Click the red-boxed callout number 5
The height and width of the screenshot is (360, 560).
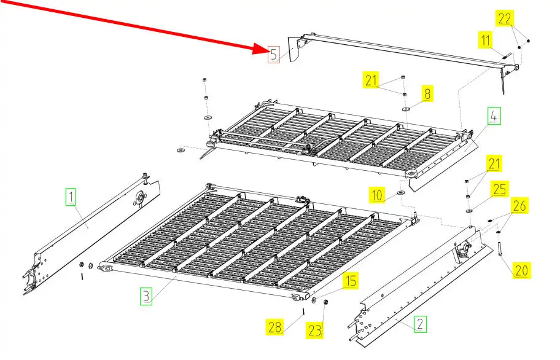pyautogui.click(x=274, y=55)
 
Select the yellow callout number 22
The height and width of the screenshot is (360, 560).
pyautogui.click(x=504, y=18)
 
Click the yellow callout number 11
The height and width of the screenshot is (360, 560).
pyautogui.click(x=485, y=40)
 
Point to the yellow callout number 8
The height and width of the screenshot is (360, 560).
pyautogui.click(x=427, y=94)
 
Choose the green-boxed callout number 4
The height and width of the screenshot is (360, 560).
pyautogui.click(x=494, y=115)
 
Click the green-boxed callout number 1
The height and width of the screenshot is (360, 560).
pyautogui.click(x=71, y=197)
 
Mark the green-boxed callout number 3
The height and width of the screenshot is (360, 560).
pyautogui.click(x=146, y=296)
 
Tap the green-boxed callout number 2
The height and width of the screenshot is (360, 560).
pyautogui.click(x=420, y=324)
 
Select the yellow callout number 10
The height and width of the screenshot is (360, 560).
pyautogui.click(x=377, y=195)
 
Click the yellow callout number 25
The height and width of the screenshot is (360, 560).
pyautogui.click(x=500, y=189)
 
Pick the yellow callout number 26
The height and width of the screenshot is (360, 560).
pyautogui.click(x=519, y=205)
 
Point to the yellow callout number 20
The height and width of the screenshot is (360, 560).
pyautogui.click(x=521, y=270)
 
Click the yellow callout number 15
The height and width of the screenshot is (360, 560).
pyautogui.click(x=351, y=281)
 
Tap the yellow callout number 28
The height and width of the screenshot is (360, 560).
pyautogui.click(x=274, y=327)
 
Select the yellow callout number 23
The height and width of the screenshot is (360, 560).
pyautogui.click(x=314, y=331)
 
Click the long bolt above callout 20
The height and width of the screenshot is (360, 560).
pyautogui.click(x=499, y=249)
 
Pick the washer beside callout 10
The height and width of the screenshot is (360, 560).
pyautogui.click(x=401, y=193)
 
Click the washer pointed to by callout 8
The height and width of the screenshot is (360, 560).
pyautogui.click(x=406, y=109)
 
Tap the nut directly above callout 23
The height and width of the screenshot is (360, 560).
pyautogui.click(x=325, y=302)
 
